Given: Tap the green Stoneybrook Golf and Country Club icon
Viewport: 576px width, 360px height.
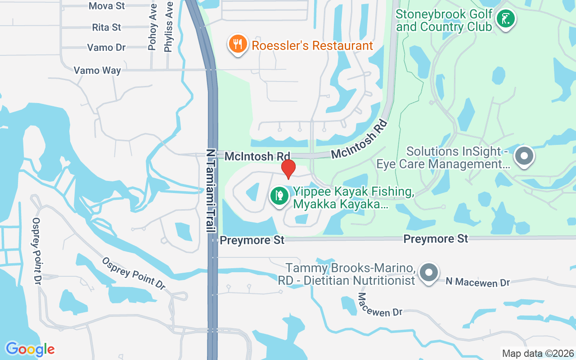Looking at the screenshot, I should (x=505, y=19).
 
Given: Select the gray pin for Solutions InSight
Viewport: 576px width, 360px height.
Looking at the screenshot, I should (x=523, y=156).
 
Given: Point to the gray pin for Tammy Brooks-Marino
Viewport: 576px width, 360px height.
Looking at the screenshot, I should (x=428, y=273).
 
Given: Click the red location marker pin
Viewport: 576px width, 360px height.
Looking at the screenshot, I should (x=288, y=169).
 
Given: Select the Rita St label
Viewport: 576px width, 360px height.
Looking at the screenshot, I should (x=107, y=27).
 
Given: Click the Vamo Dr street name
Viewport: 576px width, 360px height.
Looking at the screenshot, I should (x=106, y=48).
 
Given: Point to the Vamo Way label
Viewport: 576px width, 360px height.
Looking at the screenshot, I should (x=97, y=71).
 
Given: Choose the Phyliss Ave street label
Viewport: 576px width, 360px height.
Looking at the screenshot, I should (x=169, y=27).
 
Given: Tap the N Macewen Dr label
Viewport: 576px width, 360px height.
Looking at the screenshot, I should (x=477, y=282).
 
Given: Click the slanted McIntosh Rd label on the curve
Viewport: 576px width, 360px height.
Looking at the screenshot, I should (x=359, y=140).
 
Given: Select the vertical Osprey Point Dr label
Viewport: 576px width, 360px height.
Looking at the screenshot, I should (x=36, y=251).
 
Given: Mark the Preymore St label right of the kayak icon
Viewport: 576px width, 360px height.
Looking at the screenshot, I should (x=436, y=238).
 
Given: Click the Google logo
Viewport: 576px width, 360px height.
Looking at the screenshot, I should (x=30, y=349).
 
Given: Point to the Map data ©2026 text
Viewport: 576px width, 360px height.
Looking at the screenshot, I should (x=538, y=353).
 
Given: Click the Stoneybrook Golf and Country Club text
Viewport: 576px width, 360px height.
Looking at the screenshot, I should (x=444, y=21).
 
